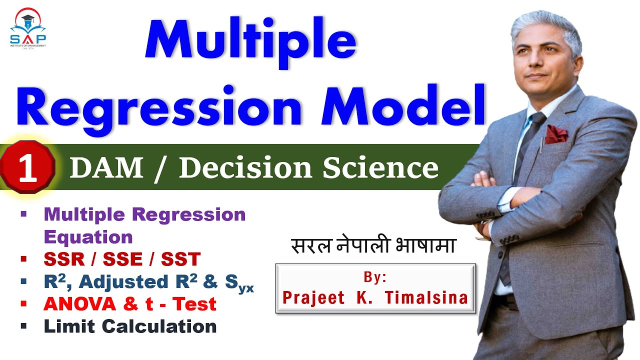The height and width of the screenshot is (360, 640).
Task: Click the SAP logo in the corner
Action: click(x=28, y=28)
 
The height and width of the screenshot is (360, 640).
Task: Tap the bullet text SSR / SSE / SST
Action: click(x=122, y=259)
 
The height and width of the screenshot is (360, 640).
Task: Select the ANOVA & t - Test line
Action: click(x=130, y=303)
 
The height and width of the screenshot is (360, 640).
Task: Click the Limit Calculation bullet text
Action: click(x=130, y=326)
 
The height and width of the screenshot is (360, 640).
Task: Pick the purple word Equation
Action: click(x=88, y=236)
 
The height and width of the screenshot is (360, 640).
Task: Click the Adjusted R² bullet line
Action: click(x=149, y=282)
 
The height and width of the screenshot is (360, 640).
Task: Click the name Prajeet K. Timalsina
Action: click(x=375, y=297)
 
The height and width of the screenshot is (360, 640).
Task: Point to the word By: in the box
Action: click(x=374, y=277)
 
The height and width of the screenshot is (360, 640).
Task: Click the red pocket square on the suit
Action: click(x=556, y=133)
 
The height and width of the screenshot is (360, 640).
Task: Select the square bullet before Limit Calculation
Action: click(x=23, y=326)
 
